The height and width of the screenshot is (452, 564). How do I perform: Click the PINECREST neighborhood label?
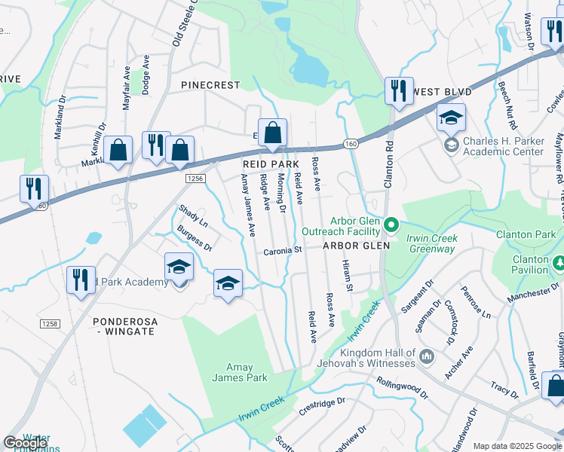click(x=210, y=86)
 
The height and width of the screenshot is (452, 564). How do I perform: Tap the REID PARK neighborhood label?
click(x=271, y=163)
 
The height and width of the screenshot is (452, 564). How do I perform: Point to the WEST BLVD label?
click(x=443, y=92)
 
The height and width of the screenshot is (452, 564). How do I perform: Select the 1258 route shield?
click(x=50, y=322)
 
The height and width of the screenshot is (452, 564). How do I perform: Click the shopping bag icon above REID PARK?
click(x=272, y=133)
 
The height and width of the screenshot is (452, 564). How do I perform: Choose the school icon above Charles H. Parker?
click(x=451, y=118)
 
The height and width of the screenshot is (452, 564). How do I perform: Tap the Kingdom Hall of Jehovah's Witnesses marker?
click(x=426, y=355)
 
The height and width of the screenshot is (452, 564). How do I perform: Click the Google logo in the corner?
click(x=25, y=443)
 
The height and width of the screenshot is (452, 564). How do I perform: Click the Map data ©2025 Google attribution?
click(x=516, y=446)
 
